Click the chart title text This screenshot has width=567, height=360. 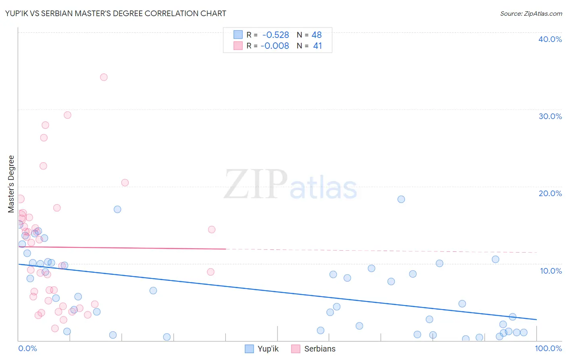tap(116, 13)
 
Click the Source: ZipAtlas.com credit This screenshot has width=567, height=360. tap(531, 14)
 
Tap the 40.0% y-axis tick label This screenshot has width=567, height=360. tap(550, 39)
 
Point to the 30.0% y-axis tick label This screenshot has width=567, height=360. tap(550, 116)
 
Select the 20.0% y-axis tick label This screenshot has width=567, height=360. tap(550, 193)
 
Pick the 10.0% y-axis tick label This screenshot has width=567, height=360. tap(550, 271)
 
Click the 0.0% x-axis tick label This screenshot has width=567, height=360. tap(27, 348)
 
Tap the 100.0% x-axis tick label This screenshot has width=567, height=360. tap(548, 348)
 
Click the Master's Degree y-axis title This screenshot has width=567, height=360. tap(11, 184)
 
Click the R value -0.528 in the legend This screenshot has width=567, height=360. tap(275, 35)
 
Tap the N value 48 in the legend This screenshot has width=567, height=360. tap(317, 35)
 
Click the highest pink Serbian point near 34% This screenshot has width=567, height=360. tap(104, 77)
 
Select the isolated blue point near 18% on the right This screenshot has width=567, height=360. tap(401, 199)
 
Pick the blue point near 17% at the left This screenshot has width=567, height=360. tap(117, 209)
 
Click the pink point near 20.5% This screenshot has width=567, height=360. tap(125, 183)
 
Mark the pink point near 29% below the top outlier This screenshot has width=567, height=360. tap(67, 115)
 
